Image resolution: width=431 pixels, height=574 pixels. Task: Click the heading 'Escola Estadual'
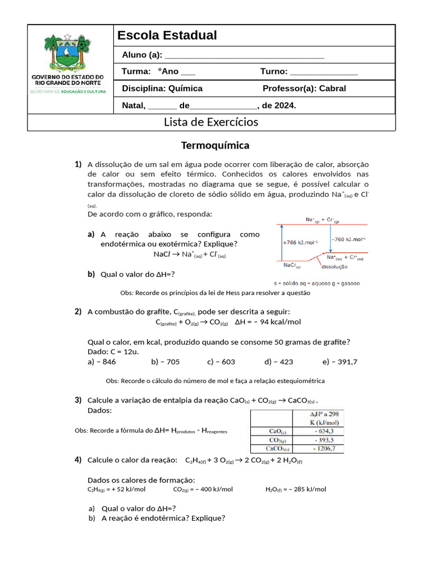point(167,36)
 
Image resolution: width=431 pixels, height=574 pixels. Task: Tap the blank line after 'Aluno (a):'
point(245,55)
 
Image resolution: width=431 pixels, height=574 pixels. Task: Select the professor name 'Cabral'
point(332,89)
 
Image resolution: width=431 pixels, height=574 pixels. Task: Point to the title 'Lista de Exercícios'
point(211,122)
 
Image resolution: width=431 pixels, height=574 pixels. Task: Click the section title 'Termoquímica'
point(215,146)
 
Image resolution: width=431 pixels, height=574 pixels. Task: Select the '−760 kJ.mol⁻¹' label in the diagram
point(350,239)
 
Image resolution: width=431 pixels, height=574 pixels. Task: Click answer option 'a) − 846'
point(102,362)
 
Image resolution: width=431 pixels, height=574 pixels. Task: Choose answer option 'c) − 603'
point(221,362)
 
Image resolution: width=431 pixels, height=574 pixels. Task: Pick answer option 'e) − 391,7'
point(340,362)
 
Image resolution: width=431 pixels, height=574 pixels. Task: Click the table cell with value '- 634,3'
point(319,431)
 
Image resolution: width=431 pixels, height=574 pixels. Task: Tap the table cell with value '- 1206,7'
point(319,448)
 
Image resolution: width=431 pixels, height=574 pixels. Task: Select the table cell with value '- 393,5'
point(319,440)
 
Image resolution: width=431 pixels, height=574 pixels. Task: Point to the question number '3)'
point(78,400)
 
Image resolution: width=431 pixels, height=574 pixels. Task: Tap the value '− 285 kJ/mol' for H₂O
point(308,489)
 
